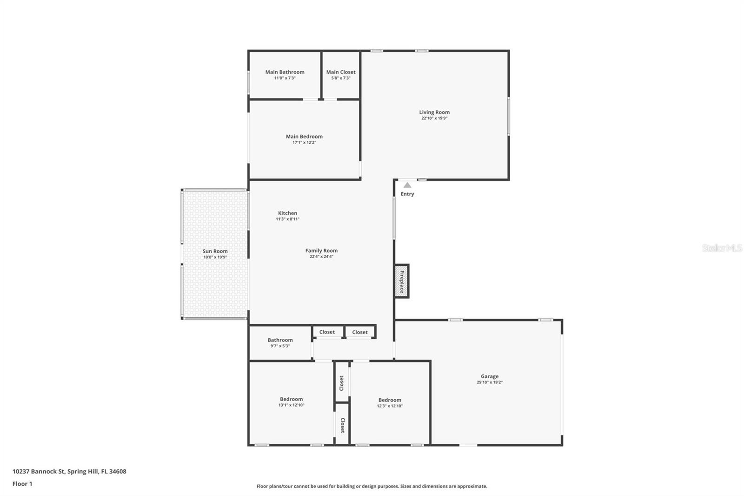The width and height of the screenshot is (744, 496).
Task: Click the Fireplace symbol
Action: pos(402,281)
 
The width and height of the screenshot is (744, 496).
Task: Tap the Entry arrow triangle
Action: pos(407,185)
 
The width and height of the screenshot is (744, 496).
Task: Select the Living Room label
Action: pos(434,112)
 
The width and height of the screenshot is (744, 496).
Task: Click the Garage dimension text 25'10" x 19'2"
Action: pos(490,382)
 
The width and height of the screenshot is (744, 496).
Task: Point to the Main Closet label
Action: pos(341,72)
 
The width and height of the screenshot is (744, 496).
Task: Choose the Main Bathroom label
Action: pos(285,72)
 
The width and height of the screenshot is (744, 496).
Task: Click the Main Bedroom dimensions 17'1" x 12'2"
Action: pos(304,142)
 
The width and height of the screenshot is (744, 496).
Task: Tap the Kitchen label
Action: pos(287,213)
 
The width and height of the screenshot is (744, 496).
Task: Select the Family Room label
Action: pos(321,251)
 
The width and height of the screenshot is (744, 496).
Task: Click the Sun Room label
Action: pos(215,251)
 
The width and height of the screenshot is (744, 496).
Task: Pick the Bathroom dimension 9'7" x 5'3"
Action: pos(280,346)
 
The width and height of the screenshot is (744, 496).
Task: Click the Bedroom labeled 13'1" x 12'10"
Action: pos(291,399)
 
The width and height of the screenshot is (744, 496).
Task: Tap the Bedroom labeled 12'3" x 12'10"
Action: pos(390,400)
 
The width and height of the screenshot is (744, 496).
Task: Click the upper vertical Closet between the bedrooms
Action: pos(342,383)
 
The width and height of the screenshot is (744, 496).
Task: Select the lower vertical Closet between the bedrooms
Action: pos(342,425)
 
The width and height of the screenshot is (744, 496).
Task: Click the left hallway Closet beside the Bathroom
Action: pos(327,332)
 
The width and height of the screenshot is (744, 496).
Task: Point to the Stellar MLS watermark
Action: pos(722,248)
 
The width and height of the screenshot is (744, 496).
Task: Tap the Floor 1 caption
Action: pos(22,484)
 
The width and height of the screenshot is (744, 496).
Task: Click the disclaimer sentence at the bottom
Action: pos(372,486)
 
